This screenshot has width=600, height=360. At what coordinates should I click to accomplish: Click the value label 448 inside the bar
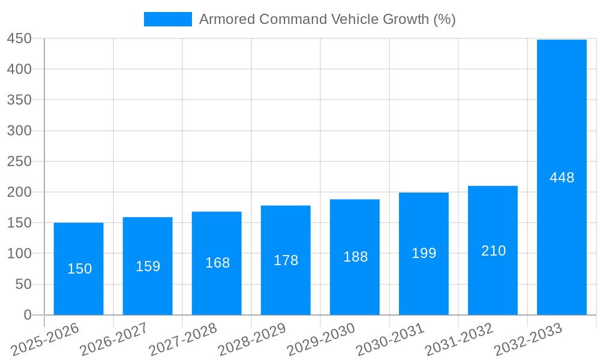coord(562,178)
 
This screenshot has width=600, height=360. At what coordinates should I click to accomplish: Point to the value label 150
coord(79,269)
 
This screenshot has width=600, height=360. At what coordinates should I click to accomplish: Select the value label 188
coord(355,257)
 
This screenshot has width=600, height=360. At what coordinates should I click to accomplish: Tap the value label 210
coord(493,251)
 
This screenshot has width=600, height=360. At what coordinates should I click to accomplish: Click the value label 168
coord(217,263)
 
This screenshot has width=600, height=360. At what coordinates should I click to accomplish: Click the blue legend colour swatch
coord(167,19)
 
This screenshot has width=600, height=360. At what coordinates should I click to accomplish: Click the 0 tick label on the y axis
coord(27,315)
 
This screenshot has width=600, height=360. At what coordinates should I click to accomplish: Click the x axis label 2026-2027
coord(113,339)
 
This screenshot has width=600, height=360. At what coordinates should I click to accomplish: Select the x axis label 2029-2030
coord(321,339)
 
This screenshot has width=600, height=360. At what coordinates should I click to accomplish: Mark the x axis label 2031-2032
coord(459,339)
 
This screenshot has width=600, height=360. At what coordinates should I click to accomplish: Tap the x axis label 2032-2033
coord(528,339)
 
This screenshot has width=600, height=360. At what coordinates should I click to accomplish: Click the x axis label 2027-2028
coord(182,339)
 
